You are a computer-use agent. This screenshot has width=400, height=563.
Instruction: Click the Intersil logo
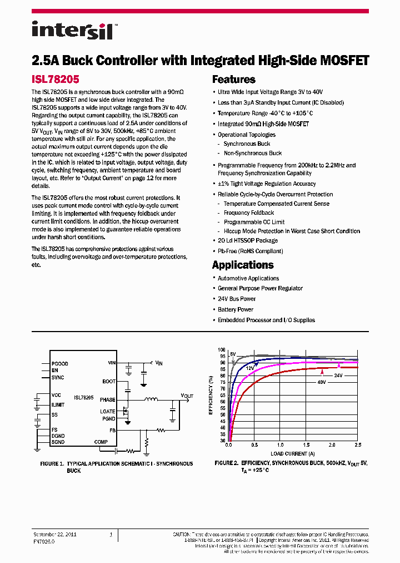(x=72, y=30)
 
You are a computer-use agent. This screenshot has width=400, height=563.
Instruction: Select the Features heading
(x=233, y=80)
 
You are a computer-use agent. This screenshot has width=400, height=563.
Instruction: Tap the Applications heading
(x=243, y=265)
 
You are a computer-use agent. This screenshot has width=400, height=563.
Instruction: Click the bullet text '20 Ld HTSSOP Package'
(x=247, y=240)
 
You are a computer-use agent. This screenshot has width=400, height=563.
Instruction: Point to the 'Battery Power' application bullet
(x=236, y=309)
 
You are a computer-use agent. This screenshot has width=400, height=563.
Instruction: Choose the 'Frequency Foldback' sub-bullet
(x=248, y=213)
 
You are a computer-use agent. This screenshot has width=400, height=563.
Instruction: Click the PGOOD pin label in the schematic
(x=59, y=364)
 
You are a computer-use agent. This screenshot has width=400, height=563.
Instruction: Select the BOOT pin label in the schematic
(x=109, y=382)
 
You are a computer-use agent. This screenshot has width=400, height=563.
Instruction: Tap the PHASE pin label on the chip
(x=108, y=400)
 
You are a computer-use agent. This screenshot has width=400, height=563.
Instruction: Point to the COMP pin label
(x=101, y=442)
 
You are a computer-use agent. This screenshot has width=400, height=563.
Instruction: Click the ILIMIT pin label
(x=58, y=405)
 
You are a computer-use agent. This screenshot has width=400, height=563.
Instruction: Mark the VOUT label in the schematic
(x=187, y=396)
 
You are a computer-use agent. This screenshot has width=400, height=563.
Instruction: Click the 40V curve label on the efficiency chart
(x=322, y=382)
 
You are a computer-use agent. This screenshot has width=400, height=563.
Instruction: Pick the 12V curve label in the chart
(x=250, y=368)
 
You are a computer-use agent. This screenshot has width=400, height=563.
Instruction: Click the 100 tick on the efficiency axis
(x=222, y=349)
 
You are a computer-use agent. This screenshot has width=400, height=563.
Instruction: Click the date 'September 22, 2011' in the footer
(x=55, y=534)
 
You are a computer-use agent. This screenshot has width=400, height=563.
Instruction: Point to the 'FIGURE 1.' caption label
(x=53, y=463)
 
